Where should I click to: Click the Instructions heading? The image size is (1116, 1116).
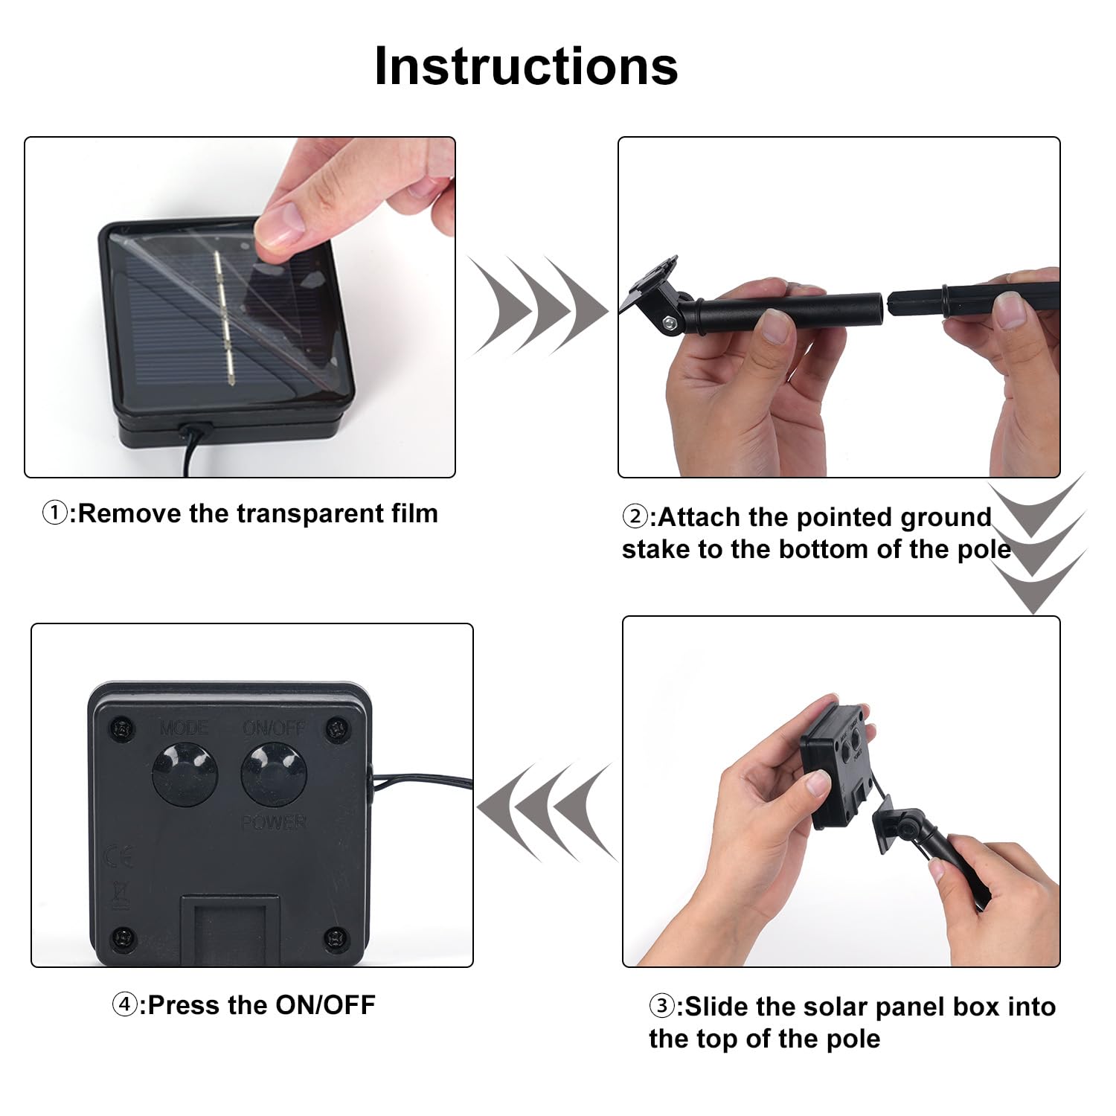(x=526, y=66)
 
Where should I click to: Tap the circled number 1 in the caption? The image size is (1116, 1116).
(x=54, y=513)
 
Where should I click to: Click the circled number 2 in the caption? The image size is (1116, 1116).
(x=635, y=517)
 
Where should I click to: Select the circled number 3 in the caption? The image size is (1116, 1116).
(x=661, y=1007)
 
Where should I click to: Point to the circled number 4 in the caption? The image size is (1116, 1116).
(x=124, y=1005)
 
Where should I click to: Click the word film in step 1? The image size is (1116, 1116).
(x=414, y=513)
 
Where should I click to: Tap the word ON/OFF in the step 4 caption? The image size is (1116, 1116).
(x=325, y=1005)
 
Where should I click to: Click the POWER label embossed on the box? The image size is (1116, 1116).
(x=273, y=822)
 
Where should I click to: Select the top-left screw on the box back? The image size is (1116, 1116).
(x=122, y=728)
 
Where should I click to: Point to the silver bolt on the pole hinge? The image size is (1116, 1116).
(x=671, y=322)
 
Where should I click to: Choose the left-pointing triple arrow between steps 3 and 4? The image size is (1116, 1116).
(x=547, y=811)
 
